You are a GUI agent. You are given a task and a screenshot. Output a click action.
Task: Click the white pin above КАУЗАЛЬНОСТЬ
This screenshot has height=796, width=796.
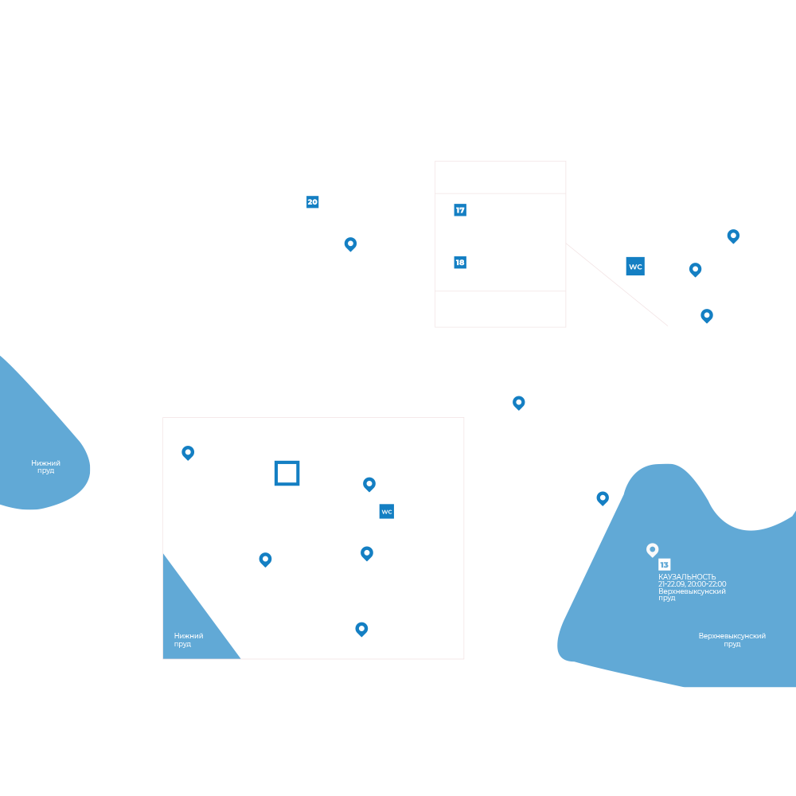click(x=652, y=549)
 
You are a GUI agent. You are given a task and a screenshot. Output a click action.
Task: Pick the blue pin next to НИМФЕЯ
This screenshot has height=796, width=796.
click(x=733, y=236)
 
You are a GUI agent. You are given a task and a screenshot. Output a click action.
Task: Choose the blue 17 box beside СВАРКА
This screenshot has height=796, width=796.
click(x=459, y=210)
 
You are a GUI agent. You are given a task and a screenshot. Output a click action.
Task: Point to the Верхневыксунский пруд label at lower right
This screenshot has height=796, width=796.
click(x=732, y=640)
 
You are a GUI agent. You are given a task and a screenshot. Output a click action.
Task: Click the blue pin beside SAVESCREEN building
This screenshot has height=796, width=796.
click(x=519, y=402)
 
